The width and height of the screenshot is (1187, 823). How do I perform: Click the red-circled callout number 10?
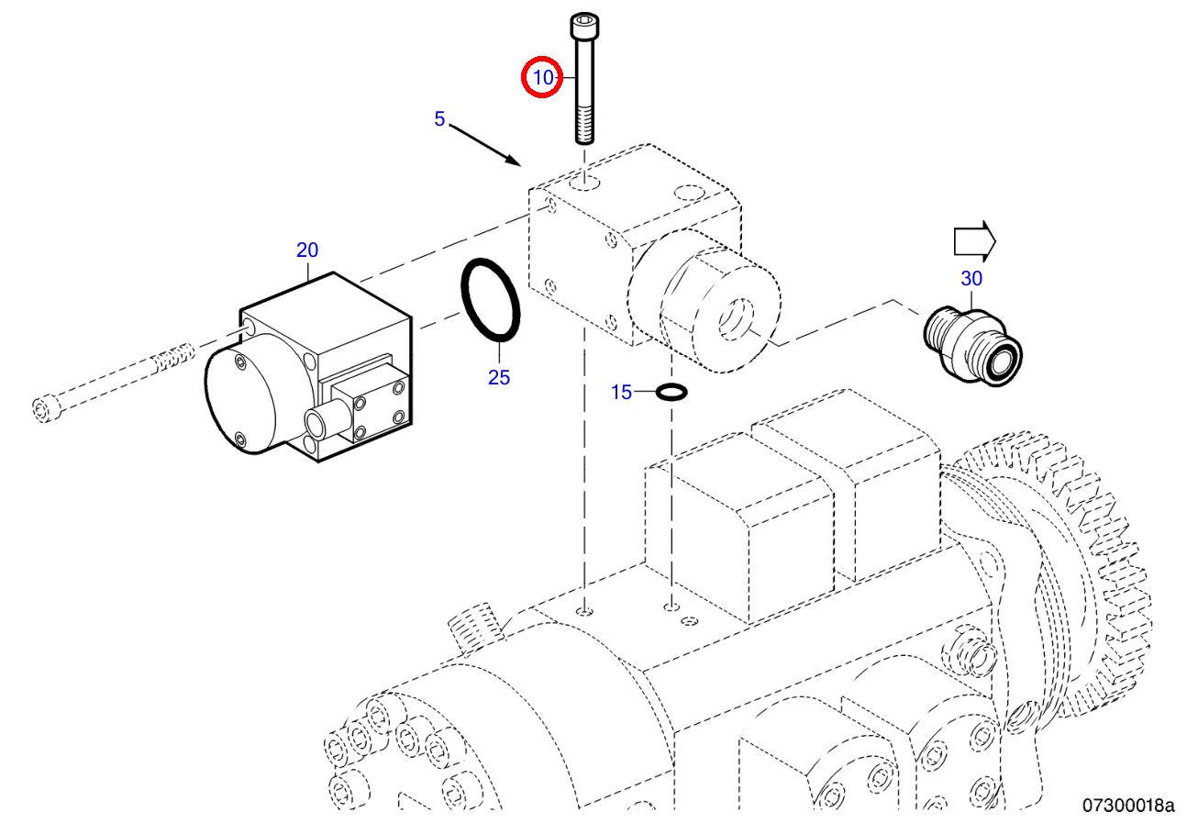(543, 78)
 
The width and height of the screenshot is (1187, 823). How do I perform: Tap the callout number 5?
(439, 118)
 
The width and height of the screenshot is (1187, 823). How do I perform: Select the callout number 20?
(307, 250)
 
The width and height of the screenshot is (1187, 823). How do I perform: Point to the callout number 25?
(499, 378)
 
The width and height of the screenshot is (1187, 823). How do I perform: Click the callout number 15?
(622, 392)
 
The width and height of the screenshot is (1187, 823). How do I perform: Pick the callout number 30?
(971, 278)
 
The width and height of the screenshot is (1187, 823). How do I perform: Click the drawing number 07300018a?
(1128, 806)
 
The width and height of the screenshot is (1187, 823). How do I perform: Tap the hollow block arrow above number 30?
(974, 241)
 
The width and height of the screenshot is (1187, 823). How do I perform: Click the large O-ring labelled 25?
(490, 300)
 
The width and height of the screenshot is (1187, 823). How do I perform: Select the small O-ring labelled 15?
(671, 392)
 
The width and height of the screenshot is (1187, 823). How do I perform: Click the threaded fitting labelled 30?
(973, 347)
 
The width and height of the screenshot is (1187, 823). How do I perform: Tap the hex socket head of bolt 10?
(584, 26)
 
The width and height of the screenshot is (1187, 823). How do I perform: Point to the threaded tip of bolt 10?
(584, 126)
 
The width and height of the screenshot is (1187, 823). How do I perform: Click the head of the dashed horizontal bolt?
(46, 408)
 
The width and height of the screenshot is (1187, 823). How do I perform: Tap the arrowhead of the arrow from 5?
(513, 160)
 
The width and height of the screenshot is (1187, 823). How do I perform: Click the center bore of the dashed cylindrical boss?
(736, 319)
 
